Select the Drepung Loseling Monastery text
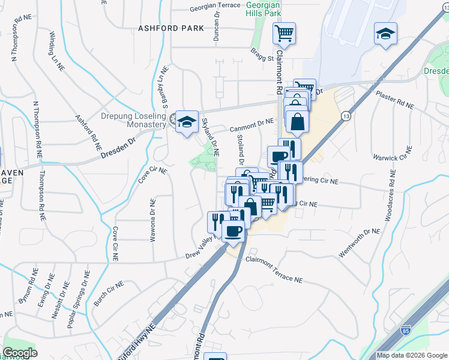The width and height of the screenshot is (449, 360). tap(137, 119)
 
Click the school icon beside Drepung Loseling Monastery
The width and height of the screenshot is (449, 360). tap(187, 121)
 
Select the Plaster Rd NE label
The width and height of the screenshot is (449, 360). tap(394, 100)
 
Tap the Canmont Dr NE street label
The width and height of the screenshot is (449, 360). tap(252, 124)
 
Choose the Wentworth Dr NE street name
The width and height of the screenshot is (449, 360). tap(360, 243)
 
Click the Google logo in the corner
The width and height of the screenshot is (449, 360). tap(20, 353)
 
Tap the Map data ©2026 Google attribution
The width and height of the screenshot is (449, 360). tap(412, 355)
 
